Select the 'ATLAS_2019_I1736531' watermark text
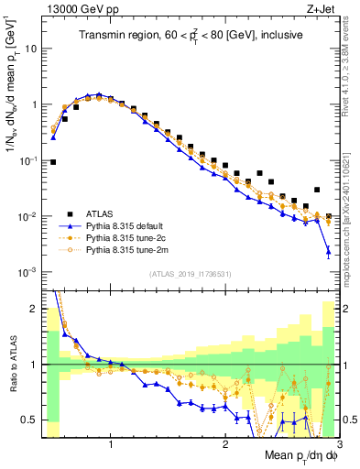click(x=190, y=274)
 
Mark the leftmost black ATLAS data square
click(x=53, y=162)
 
